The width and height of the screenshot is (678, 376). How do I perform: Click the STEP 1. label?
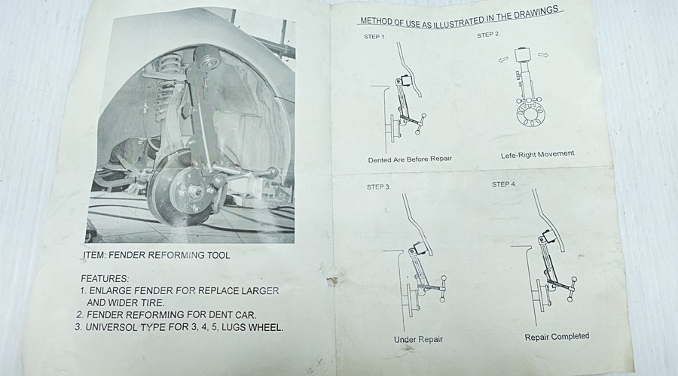tap(374, 37)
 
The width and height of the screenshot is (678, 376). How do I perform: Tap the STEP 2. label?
tap(488, 35)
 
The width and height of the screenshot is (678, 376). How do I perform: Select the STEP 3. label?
tap(378, 187)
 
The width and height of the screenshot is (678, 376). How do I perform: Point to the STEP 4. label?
tap(504, 184)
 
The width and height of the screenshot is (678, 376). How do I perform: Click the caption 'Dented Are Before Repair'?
tap(410, 159)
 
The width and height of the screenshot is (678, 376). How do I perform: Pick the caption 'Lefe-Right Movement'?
tap(537, 154)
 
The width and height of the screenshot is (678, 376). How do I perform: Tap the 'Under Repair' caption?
tap(418, 339)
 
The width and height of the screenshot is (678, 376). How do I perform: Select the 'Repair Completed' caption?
tap(557, 337)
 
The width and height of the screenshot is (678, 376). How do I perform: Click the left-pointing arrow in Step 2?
tap(503, 59)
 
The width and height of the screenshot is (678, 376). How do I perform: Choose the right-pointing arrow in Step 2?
tap(543, 55)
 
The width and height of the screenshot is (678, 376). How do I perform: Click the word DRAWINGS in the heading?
tap(536, 13)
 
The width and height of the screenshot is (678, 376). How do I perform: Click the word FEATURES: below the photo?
tap(105, 279)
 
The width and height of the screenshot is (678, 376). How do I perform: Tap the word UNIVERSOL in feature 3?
tap(111, 327)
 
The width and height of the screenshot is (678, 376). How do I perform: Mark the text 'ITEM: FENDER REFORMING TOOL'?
tap(157, 255)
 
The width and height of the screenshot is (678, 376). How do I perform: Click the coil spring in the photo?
tap(165, 86)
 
